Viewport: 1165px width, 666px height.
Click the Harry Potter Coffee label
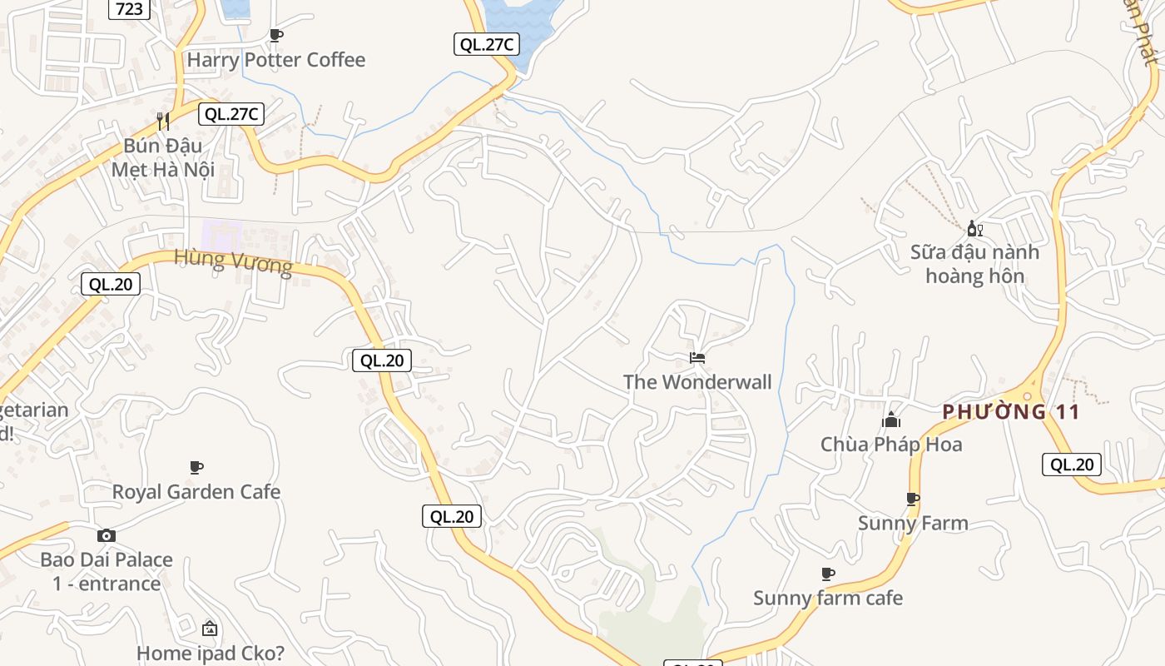pos(275,60)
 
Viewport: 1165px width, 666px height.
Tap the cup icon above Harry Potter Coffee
pos(276,35)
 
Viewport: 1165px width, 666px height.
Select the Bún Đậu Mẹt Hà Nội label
pos(163,157)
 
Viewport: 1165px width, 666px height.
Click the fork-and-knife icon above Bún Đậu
pos(163,122)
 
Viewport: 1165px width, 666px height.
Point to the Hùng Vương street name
pos(233,262)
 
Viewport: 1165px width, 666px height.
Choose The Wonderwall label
pos(697,382)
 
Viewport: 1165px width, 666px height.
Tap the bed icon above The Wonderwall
pos(697,358)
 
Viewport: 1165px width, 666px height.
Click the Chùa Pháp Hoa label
pos(891,445)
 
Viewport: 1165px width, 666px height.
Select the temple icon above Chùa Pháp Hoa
pos(892,420)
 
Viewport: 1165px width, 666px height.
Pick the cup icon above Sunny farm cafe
pos(827,574)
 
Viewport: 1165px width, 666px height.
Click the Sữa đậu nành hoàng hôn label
pos(974,264)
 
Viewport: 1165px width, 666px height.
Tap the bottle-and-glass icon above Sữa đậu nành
pos(974,228)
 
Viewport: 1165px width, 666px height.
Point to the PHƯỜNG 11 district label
pos(1011,411)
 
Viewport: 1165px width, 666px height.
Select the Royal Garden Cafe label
pos(196,492)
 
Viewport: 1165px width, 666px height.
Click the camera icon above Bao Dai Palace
pos(107,535)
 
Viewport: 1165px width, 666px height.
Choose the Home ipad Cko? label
pos(210,654)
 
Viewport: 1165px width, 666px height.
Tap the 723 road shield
pos(130,9)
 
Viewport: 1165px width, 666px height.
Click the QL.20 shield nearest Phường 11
pos(1071,465)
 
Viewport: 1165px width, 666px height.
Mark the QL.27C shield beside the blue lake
pos(486,45)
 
